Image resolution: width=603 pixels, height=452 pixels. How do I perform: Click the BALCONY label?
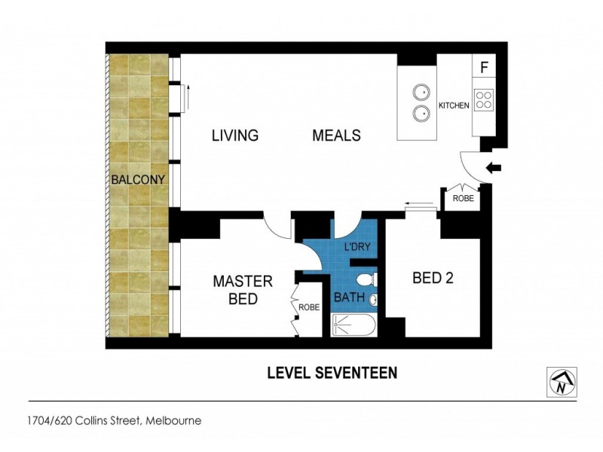139,180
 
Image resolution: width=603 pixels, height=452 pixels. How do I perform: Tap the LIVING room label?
234,136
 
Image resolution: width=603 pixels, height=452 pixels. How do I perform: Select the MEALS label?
336,136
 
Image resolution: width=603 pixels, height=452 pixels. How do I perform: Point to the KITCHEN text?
454,105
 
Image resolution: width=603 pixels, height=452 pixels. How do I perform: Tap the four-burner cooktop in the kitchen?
484,101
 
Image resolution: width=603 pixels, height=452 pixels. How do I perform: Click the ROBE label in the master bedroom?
309,307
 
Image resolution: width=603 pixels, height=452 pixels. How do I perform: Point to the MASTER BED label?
242,290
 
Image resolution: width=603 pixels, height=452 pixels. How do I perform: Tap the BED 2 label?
433,278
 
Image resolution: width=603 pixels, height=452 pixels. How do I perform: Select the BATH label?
349,298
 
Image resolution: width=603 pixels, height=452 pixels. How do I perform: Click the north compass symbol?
561,382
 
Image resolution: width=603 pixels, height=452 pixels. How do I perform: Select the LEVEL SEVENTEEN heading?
332,373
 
